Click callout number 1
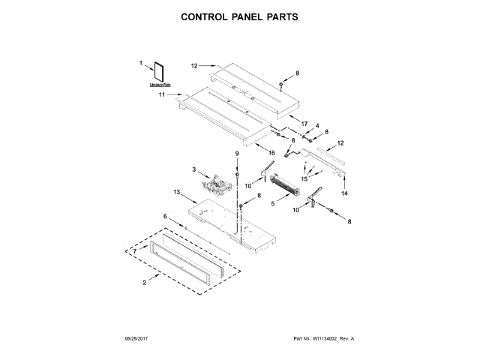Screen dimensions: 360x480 tap(140, 64)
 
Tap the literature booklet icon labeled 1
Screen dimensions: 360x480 tap(159, 73)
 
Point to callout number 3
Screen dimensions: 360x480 tap(193, 170)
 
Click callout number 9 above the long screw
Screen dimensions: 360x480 tap(237, 154)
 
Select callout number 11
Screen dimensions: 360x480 tap(160, 95)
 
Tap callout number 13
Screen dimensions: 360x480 tap(177, 193)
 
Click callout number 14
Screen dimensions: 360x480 tap(345, 193)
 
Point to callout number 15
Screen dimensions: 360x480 tap(304, 179)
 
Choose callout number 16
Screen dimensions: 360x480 tap(271, 153)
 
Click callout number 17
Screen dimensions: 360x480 tap(304, 121)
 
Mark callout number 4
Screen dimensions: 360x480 tap(316, 125)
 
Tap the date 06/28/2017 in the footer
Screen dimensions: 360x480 tap(85, 339)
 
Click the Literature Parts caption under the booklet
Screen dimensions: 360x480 tap(159, 87)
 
